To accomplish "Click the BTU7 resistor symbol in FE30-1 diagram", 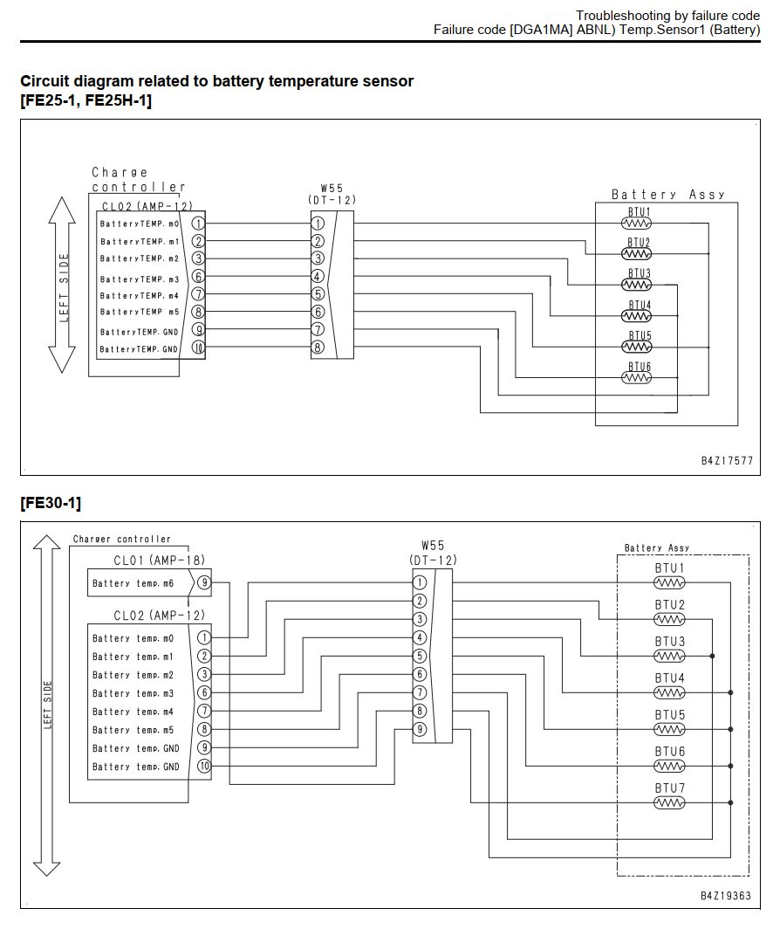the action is pyautogui.click(x=669, y=802).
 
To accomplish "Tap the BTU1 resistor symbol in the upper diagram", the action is pyautogui.click(x=636, y=224).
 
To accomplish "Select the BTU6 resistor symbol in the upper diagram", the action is pyautogui.click(x=636, y=377).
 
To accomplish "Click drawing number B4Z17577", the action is pyautogui.click(x=727, y=460).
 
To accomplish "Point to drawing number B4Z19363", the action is pyautogui.click(x=726, y=895).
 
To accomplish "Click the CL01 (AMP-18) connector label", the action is pyautogui.click(x=159, y=560).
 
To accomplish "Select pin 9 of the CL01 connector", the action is pyautogui.click(x=203, y=582).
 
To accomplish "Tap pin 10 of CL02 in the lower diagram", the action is pyautogui.click(x=203, y=766).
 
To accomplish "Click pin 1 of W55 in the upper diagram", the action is pyautogui.click(x=318, y=224).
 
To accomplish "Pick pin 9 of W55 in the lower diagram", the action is pyautogui.click(x=420, y=729).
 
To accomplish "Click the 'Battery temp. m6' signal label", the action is pyautogui.click(x=133, y=583).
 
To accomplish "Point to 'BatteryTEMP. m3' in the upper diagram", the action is pyautogui.click(x=139, y=279).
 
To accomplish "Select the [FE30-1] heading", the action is pyautogui.click(x=51, y=503).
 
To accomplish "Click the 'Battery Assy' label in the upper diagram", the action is pyautogui.click(x=668, y=195).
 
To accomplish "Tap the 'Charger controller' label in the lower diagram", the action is pyautogui.click(x=122, y=540).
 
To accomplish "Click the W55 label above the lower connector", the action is pyautogui.click(x=433, y=545).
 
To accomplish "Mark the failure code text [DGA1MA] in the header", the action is pyautogui.click(x=541, y=30).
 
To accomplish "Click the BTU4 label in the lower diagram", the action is pyautogui.click(x=669, y=678).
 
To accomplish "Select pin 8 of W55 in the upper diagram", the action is pyautogui.click(x=318, y=348).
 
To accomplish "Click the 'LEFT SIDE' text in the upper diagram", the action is pyautogui.click(x=64, y=288).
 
